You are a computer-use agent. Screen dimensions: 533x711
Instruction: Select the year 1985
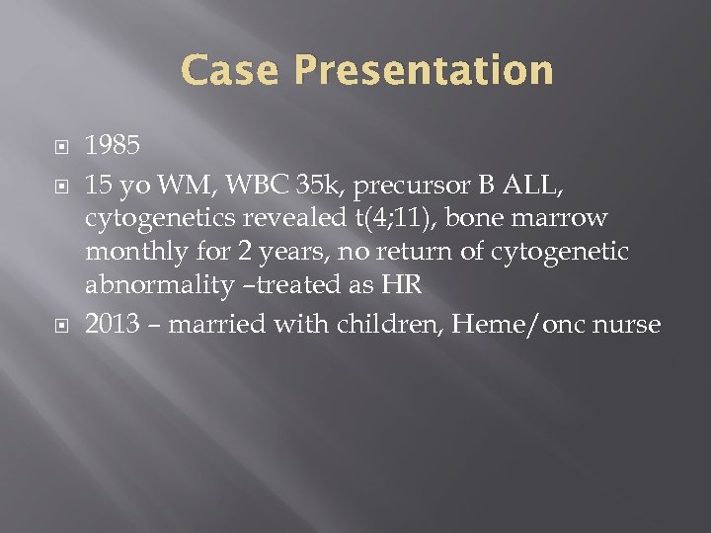point(113,146)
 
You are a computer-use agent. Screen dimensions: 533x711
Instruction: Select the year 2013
point(113,324)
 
